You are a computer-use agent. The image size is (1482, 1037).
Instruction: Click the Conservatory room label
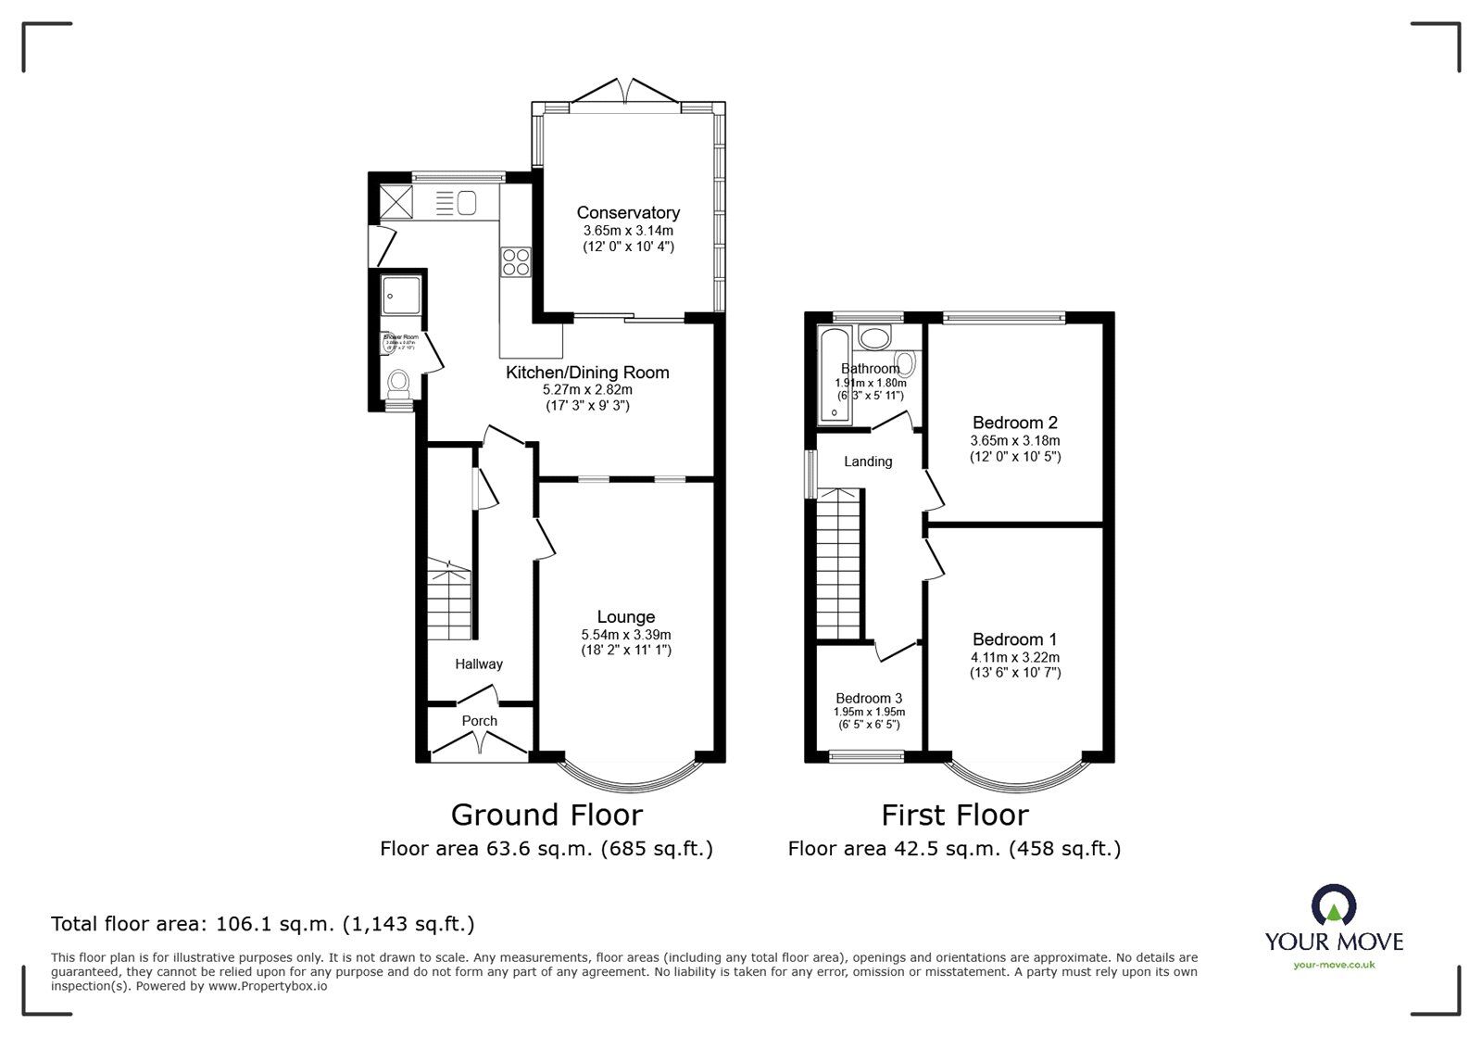(628, 212)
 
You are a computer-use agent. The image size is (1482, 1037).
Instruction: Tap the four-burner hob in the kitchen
(516, 262)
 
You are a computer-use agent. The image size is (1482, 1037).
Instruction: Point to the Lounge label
(626, 616)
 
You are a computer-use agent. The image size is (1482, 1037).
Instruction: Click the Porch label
(479, 720)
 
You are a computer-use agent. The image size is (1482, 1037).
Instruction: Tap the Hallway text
(479, 664)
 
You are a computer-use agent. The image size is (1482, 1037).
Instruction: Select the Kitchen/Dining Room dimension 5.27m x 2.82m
(587, 389)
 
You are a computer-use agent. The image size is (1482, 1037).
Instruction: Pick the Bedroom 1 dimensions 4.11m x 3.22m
(1015, 657)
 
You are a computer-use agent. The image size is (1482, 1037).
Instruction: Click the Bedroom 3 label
(869, 698)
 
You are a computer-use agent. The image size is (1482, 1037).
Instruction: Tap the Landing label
(868, 462)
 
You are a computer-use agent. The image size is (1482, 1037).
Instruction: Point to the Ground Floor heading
(546, 815)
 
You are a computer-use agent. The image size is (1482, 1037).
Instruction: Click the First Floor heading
(954, 815)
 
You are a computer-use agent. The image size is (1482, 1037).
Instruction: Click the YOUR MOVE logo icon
(1334, 906)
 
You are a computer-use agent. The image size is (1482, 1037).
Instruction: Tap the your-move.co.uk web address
(1334, 965)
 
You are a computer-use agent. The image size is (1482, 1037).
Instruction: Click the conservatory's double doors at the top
(627, 92)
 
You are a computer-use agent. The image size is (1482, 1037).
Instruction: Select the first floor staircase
(839, 565)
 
